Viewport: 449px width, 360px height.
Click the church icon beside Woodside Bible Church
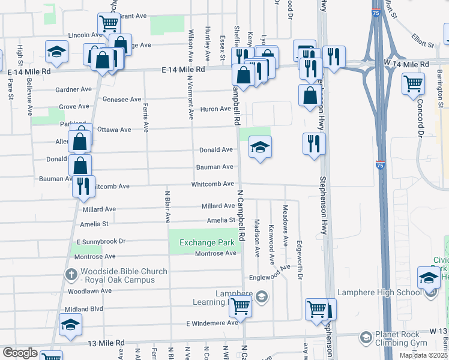tap(71, 275)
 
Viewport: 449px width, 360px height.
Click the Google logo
tap(20, 353)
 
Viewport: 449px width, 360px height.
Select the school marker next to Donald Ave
tap(259, 147)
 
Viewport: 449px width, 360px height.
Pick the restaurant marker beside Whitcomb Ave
tap(83, 185)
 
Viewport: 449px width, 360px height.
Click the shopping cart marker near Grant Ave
tap(109, 25)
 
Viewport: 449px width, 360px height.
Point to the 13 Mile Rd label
tap(106, 343)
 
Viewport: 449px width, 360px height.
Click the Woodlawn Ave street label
tap(89, 291)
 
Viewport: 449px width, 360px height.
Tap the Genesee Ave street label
tap(122, 99)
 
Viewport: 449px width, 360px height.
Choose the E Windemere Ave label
tap(212, 323)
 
